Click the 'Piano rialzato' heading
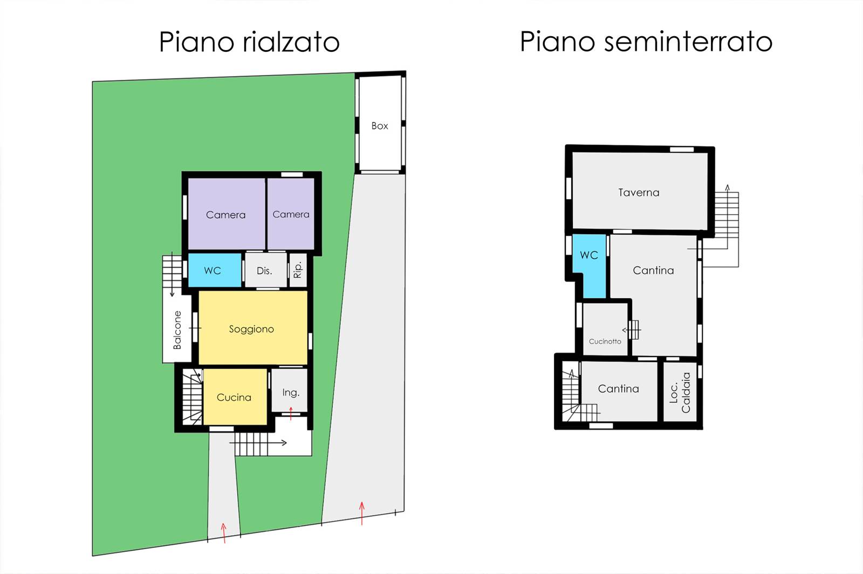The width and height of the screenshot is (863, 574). pyautogui.click(x=249, y=42)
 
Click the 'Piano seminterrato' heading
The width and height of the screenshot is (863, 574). pyautogui.click(x=646, y=41)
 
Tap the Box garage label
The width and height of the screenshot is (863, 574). pyautogui.click(x=380, y=126)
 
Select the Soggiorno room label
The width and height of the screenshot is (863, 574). pyautogui.click(x=251, y=329)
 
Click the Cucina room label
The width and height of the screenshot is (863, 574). pyautogui.click(x=234, y=397)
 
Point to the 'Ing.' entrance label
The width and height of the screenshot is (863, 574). pyautogui.click(x=291, y=393)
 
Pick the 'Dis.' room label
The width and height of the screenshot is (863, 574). pyautogui.click(x=264, y=271)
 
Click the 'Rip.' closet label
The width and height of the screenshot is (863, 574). pyautogui.click(x=298, y=270)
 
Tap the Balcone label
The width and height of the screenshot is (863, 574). pyautogui.click(x=177, y=330)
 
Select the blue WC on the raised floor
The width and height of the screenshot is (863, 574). pyautogui.click(x=215, y=270)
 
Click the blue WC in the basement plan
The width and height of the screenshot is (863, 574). pyautogui.click(x=589, y=266)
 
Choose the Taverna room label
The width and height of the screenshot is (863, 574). pyautogui.click(x=639, y=192)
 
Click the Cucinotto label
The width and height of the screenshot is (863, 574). pyautogui.click(x=605, y=341)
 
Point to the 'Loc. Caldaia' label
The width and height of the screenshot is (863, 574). pyautogui.click(x=680, y=393)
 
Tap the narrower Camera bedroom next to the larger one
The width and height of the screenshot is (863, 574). pyautogui.click(x=291, y=214)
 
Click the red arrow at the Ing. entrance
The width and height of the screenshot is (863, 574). pyautogui.click(x=291, y=413)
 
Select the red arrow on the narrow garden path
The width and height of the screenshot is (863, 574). pyautogui.click(x=223, y=533)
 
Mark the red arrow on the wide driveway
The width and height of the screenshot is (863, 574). pyautogui.click(x=362, y=513)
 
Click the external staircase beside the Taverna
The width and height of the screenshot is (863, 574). pyautogui.click(x=727, y=229)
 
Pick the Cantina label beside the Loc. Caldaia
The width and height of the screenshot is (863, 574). pyautogui.click(x=618, y=389)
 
